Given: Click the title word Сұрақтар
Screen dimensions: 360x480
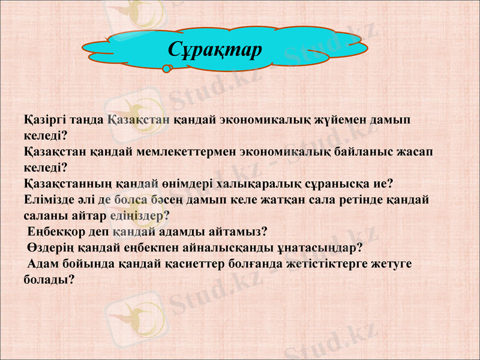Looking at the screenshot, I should click(x=215, y=49).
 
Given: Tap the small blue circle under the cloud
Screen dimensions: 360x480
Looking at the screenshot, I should click(x=166, y=69).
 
